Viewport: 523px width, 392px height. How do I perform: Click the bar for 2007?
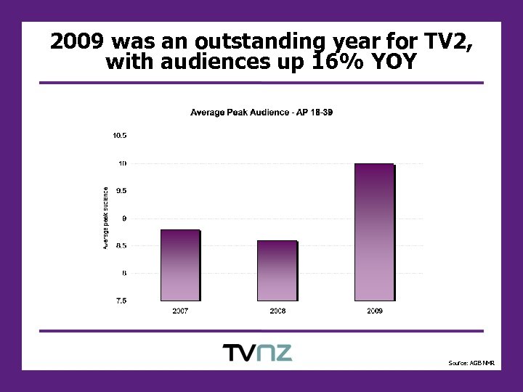pyautogui.click(x=179, y=265)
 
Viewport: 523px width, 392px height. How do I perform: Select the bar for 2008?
pyautogui.click(x=277, y=270)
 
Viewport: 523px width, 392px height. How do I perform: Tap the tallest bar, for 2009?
pyautogui.click(x=374, y=232)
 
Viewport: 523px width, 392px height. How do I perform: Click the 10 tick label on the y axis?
pyautogui.click(x=123, y=163)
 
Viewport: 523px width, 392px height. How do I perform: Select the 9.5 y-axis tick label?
pyautogui.click(x=121, y=191)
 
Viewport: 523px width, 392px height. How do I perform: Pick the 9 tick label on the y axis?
pyautogui.click(x=124, y=219)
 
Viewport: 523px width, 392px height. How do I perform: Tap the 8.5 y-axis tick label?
pyautogui.click(x=121, y=246)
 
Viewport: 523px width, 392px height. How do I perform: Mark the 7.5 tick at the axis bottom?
pyautogui.click(x=121, y=301)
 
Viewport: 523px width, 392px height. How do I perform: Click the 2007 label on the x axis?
pyautogui.click(x=180, y=311)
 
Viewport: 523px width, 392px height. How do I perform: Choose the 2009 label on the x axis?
pyautogui.click(x=374, y=311)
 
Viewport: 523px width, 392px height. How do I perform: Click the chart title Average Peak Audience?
pyautogui.click(x=261, y=113)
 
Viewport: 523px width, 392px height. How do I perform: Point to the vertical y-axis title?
pyautogui.click(x=105, y=219)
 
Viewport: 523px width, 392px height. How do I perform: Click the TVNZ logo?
pyautogui.click(x=257, y=353)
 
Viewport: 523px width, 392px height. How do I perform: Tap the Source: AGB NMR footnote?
pyautogui.click(x=471, y=362)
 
